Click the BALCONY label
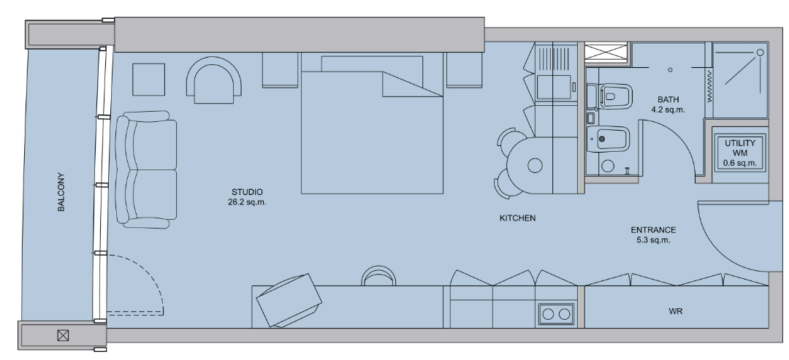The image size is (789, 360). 61,192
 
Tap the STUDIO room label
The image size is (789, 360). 247,192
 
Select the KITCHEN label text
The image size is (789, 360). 517,218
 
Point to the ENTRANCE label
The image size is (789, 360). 653,230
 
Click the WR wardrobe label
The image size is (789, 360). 676,311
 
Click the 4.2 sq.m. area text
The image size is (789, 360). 668,110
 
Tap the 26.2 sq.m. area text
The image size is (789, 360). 247,202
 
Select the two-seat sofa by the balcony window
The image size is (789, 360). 146,169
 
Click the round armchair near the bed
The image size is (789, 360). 214,80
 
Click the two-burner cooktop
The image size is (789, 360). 557,314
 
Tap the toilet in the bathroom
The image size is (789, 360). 610,96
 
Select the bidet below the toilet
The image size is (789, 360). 608,138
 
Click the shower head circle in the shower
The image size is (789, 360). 760,53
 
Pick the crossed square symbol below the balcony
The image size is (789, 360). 63,335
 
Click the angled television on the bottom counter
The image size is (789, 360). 289,301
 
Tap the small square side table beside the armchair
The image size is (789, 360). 148,80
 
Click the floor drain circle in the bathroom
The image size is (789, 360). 670,70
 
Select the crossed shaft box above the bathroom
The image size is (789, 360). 606,53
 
